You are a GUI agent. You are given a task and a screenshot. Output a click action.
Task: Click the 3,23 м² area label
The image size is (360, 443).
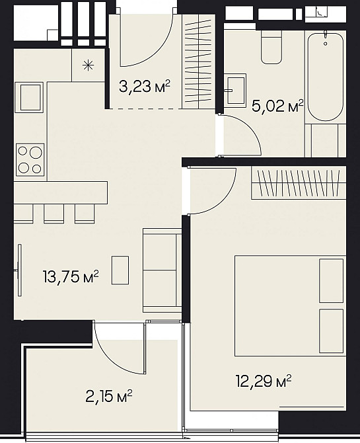tap(145, 87)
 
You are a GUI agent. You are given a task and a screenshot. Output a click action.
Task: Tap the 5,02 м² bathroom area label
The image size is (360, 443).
tap(277, 106)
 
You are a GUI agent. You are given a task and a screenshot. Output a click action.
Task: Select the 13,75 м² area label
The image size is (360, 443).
tap(71, 276)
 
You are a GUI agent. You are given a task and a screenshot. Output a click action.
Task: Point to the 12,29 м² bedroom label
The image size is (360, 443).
tap(264, 381)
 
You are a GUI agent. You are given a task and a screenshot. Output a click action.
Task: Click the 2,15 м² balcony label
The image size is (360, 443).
tap(109, 396)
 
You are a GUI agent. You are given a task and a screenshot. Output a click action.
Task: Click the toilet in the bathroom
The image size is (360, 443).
tap(271, 47)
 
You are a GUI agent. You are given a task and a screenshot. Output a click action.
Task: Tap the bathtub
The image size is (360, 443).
tap(326, 77)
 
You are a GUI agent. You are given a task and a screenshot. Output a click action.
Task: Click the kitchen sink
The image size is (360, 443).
tap(29, 97)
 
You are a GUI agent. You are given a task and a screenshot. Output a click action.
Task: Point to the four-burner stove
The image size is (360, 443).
tap(30, 160)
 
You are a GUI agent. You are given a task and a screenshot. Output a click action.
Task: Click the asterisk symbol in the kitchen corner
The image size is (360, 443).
tap(88, 66)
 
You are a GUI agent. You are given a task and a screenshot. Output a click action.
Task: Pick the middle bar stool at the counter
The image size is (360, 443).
tap(54, 214)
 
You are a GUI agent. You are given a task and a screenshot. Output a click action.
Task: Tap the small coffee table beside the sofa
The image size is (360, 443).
tap(120, 270)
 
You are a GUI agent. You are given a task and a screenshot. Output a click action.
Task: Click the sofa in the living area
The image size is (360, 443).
tap(162, 270)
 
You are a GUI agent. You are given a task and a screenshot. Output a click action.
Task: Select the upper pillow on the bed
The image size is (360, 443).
tap(331, 280)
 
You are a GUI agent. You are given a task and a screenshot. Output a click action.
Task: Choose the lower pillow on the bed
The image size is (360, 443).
tap(331, 331)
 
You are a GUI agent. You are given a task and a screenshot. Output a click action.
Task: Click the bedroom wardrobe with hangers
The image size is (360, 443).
tap(299, 183)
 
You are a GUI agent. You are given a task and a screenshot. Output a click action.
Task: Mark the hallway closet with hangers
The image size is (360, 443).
tap(198, 61)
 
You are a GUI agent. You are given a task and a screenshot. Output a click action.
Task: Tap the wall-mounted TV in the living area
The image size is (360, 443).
tap(19, 270)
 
